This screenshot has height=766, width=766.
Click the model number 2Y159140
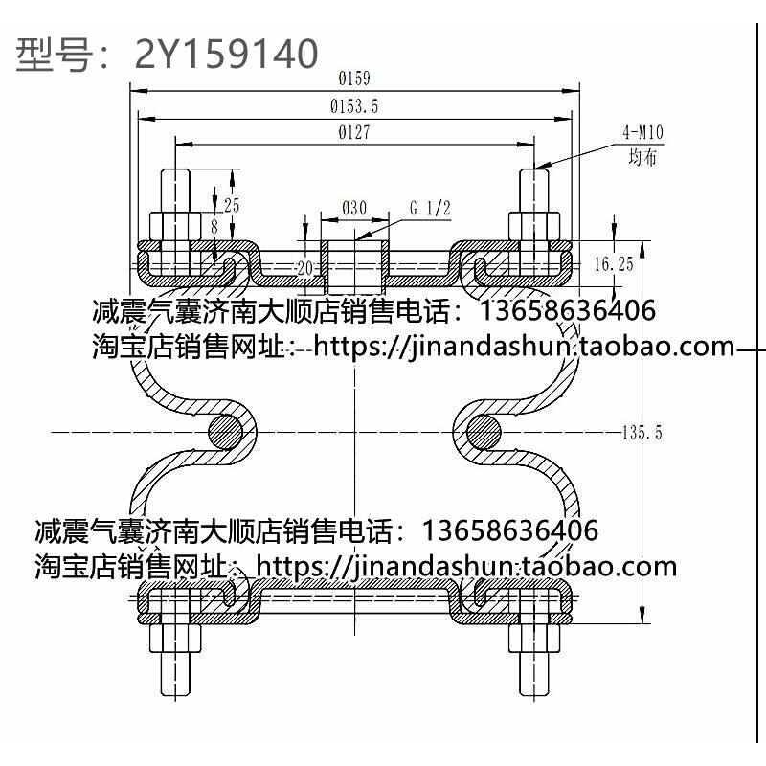click(226, 55)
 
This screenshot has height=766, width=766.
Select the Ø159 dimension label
click(354, 79)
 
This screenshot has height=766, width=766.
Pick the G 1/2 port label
click(430, 208)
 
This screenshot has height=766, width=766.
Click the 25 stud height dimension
click(231, 205)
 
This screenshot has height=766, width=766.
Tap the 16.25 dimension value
click(614, 264)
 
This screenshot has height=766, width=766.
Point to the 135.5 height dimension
click(642, 433)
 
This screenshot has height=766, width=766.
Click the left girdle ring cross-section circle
click(223, 432)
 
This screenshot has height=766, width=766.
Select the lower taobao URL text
click(468, 566)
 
